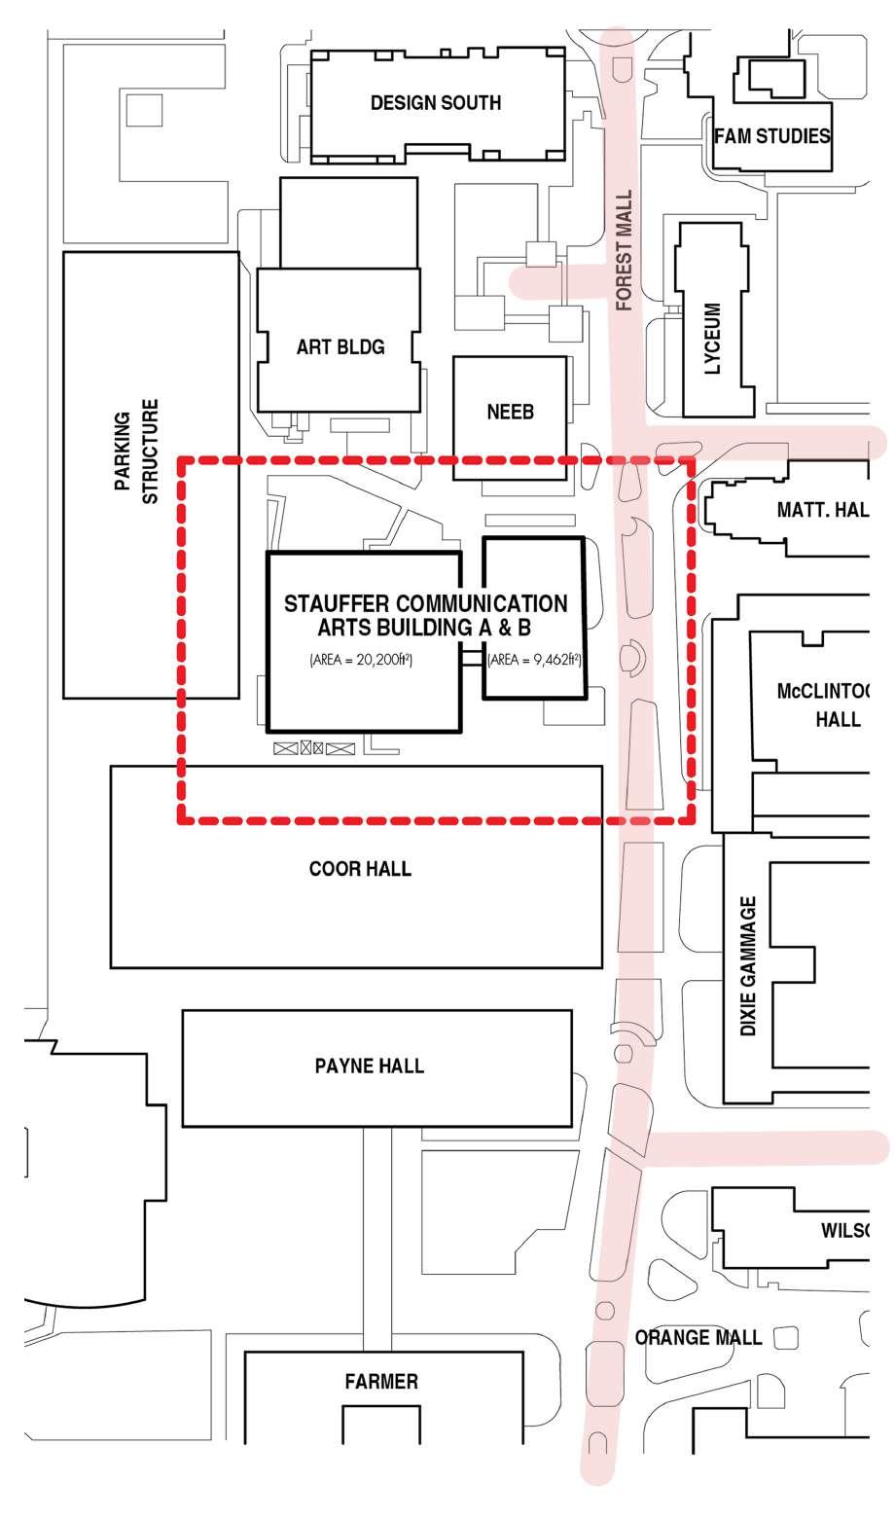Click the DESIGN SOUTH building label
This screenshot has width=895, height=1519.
coord(436,103)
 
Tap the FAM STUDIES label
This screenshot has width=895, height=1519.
coord(772,136)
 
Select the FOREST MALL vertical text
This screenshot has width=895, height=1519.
coord(625,250)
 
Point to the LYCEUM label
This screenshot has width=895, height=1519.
coord(713,339)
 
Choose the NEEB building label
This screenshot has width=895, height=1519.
coord(510,413)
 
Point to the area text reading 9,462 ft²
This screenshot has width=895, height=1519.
coord(534,660)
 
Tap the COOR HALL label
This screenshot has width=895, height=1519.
coord(360,868)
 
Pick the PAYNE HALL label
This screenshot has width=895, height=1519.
coord(370,1066)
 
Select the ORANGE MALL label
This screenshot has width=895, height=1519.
coord(698,1337)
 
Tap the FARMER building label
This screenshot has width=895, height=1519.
coord(381,1381)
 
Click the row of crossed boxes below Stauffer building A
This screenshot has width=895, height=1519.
coord(313,748)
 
